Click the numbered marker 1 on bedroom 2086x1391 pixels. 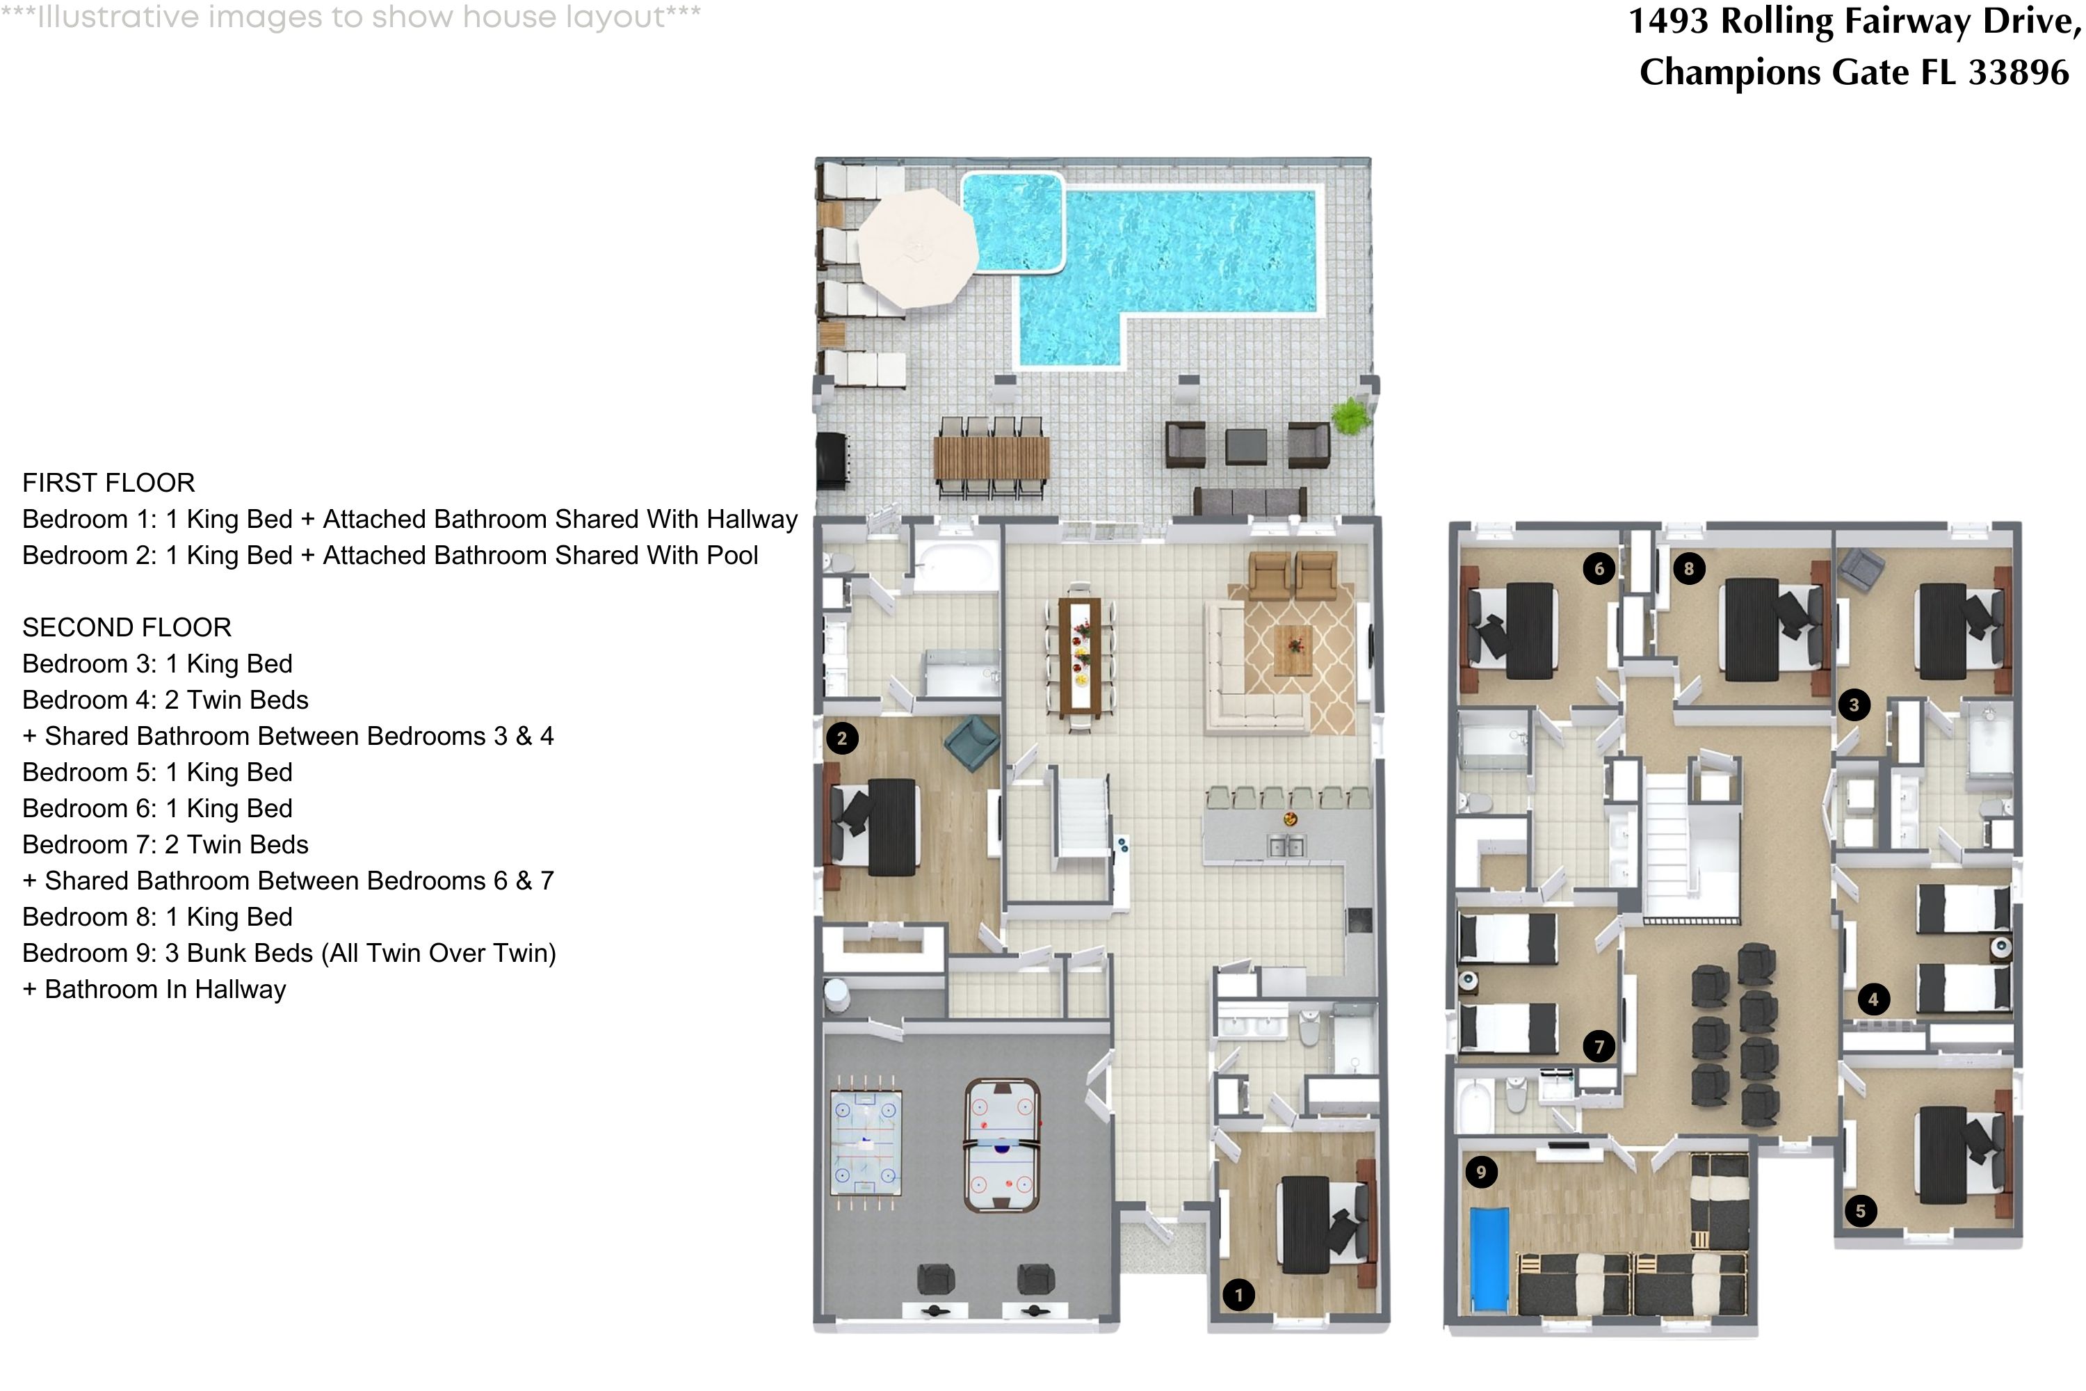point(1238,1294)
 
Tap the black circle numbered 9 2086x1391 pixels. point(1480,1172)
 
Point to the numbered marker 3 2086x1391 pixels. point(1853,705)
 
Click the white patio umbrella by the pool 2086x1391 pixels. point(918,248)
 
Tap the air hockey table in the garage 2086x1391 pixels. point(1001,1144)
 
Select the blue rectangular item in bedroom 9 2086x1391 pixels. point(1489,1258)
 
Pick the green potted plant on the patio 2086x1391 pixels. point(1348,415)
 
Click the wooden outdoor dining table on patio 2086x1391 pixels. point(991,458)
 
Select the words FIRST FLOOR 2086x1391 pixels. point(108,483)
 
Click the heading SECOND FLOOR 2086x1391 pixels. point(127,627)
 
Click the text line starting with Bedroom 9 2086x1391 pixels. point(289,953)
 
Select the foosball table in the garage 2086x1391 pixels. point(866,1143)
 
